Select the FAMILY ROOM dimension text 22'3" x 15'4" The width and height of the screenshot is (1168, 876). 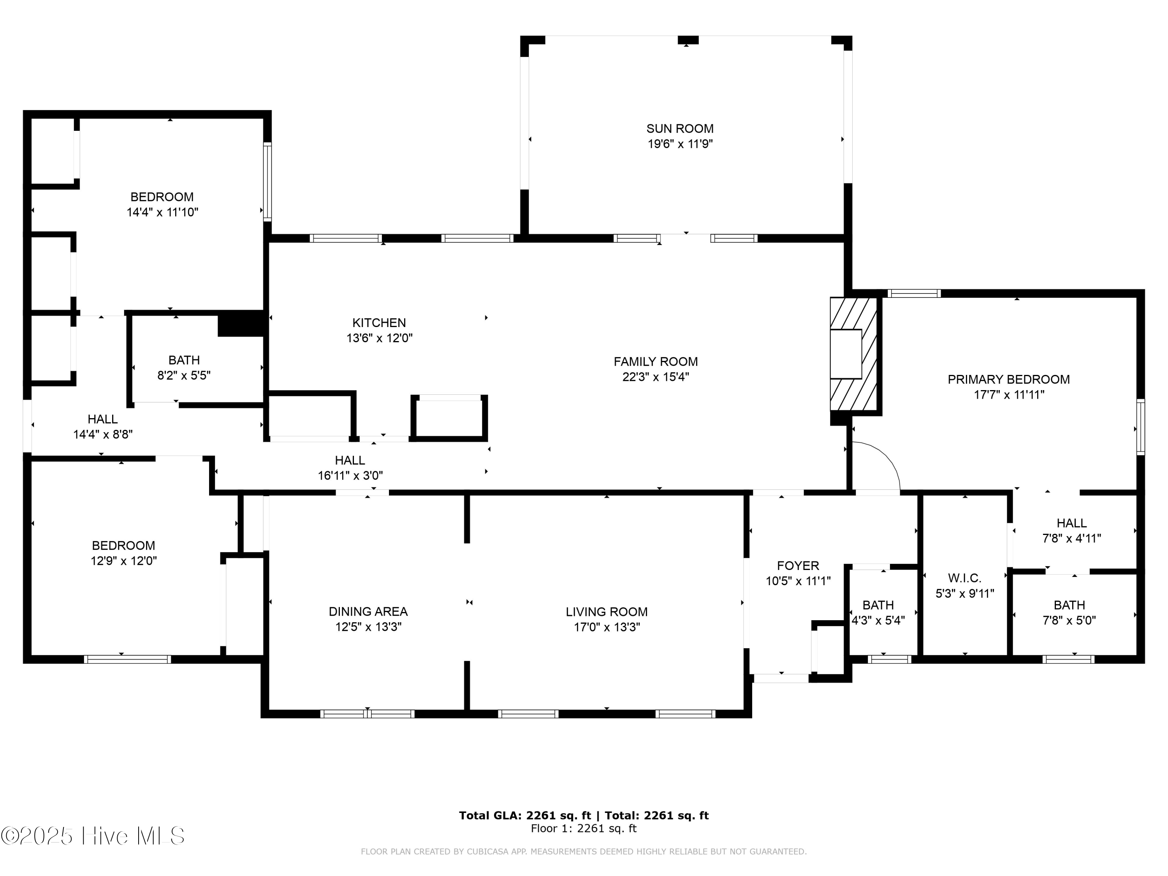coord(655,377)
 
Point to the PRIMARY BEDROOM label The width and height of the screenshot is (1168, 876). coord(1008,379)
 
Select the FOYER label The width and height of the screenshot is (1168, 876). coord(798,566)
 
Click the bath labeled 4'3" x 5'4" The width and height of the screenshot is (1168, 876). coord(878,612)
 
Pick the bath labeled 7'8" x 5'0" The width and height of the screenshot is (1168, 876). coord(1069,612)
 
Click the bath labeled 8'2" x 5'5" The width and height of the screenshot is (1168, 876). coord(184,368)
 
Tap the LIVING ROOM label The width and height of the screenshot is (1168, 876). coord(606,612)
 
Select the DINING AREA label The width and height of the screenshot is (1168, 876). coord(368,612)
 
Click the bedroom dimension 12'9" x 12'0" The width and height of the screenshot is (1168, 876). coord(123,561)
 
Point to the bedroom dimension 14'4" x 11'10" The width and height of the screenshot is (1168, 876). coord(162,212)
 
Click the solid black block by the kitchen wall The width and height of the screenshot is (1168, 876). coord(241,323)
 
